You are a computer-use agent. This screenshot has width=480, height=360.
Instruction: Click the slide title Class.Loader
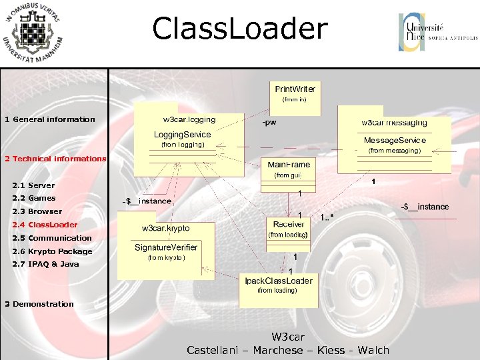pyautogui.click(x=240, y=29)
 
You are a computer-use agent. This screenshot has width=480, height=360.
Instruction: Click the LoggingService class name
pyautogui.click(x=182, y=135)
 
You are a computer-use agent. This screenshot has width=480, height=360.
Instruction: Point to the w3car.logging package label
pyautogui.click(x=189, y=119)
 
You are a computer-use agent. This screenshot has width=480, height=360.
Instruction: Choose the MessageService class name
pyautogui.click(x=395, y=140)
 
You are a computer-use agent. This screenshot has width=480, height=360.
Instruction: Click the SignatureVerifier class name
pyautogui.click(x=166, y=247)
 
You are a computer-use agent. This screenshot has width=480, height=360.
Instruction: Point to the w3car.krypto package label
pyautogui.click(x=165, y=228)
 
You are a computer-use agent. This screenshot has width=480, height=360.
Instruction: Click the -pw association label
pyautogui.click(x=269, y=123)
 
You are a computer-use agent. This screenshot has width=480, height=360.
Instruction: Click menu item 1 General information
pyautogui.click(x=50, y=119)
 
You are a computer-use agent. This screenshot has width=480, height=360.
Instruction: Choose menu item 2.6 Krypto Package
pyautogui.click(x=52, y=251)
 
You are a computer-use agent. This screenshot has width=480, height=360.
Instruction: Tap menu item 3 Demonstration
pyautogui.click(x=39, y=304)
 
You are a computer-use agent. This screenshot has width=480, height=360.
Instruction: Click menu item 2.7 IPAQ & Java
pyautogui.click(x=45, y=264)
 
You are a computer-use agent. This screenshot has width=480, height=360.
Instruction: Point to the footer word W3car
pyautogui.click(x=288, y=337)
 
